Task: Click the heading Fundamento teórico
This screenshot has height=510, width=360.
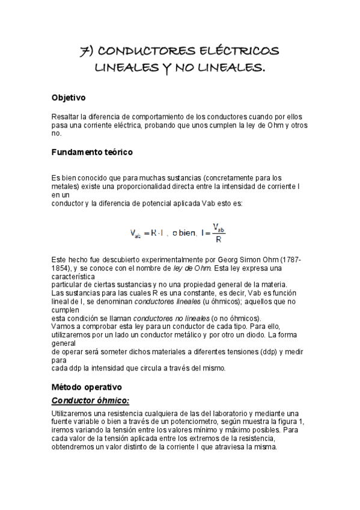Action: (93, 152)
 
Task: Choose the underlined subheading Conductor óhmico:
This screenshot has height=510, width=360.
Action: (91, 401)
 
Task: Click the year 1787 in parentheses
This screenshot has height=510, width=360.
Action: (291, 259)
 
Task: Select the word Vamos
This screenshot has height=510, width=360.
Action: (64, 325)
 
